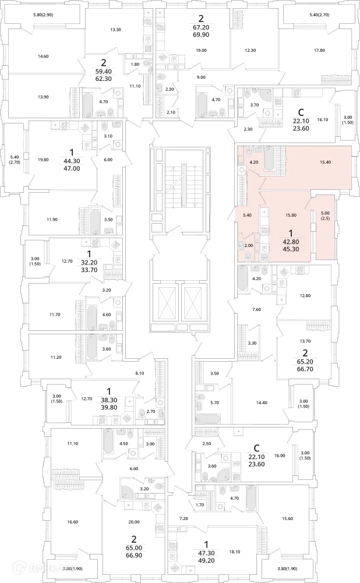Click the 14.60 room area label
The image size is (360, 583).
pyautogui.click(x=43, y=56)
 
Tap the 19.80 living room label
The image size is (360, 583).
pyautogui.click(x=43, y=160)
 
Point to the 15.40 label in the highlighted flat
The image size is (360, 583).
pyautogui.click(x=325, y=162)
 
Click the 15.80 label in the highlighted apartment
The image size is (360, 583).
pyautogui.click(x=291, y=215)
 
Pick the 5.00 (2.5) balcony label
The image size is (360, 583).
pyautogui.click(x=325, y=215)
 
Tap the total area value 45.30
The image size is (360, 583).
pyautogui.click(x=291, y=249)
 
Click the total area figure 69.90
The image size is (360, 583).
pyautogui.click(x=201, y=34)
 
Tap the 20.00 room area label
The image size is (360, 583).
pyautogui.click(x=134, y=522)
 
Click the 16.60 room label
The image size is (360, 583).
pyautogui.click(x=72, y=522)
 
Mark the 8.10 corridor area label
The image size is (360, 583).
pyautogui.click(x=139, y=373)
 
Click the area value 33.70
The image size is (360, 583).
pyautogui.click(x=89, y=270)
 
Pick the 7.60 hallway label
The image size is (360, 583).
pyautogui.click(x=257, y=309)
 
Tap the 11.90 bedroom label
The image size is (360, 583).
pyautogui.click(x=52, y=220)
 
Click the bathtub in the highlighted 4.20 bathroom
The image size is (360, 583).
pyautogui.click(x=270, y=159)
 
